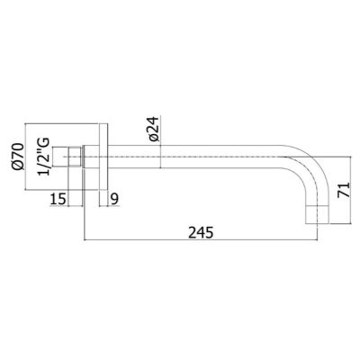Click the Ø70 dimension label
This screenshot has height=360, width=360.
[x=18, y=157]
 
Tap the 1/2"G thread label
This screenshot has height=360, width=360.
[x=43, y=157]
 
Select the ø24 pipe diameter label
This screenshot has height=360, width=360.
[x=154, y=129]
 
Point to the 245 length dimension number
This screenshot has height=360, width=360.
[x=201, y=232]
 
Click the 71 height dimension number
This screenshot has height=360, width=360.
[x=344, y=190]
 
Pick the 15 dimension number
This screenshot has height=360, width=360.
[x=58, y=199]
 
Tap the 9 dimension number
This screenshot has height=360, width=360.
[x=114, y=199]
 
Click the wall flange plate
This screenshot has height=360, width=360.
[x=103, y=157]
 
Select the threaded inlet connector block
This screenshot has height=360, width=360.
[x=75, y=157]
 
